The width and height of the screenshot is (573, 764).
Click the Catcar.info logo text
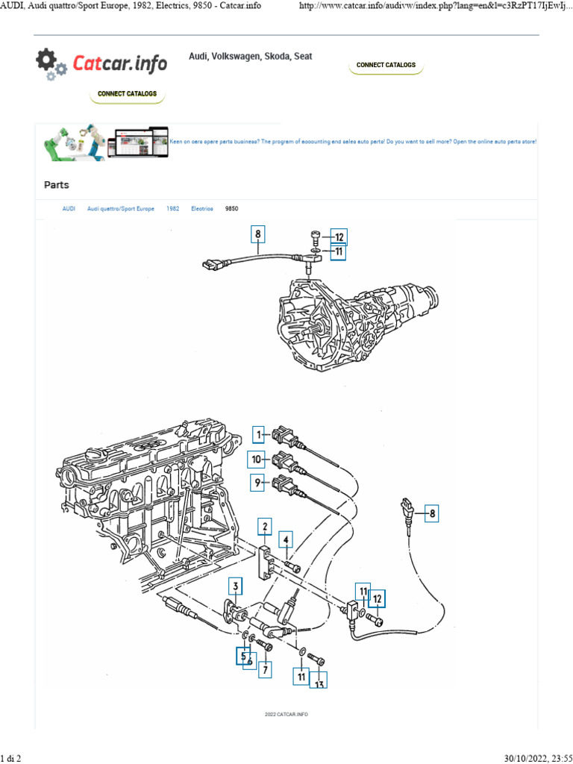click(x=119, y=64)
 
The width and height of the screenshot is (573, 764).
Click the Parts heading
click(x=57, y=184)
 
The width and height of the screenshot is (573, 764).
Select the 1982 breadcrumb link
click(x=172, y=210)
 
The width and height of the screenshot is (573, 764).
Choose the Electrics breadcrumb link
click(x=202, y=210)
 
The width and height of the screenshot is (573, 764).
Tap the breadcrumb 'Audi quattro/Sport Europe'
click(x=121, y=210)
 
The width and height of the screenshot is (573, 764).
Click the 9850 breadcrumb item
click(x=232, y=210)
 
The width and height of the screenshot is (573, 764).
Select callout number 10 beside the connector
click(x=257, y=460)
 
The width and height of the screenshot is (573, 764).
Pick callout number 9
click(x=257, y=483)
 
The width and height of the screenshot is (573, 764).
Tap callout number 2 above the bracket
click(x=263, y=528)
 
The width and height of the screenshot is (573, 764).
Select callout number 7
click(x=264, y=670)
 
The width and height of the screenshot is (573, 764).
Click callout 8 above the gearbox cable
click(x=257, y=235)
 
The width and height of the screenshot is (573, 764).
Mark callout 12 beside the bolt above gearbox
click(x=339, y=238)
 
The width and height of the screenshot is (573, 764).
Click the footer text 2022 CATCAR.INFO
click(x=286, y=714)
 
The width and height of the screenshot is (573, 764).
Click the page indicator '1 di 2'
click(x=10, y=758)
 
